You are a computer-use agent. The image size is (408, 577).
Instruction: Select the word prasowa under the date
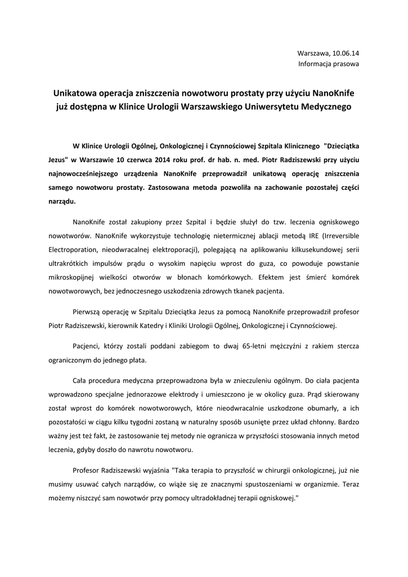click(346, 64)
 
